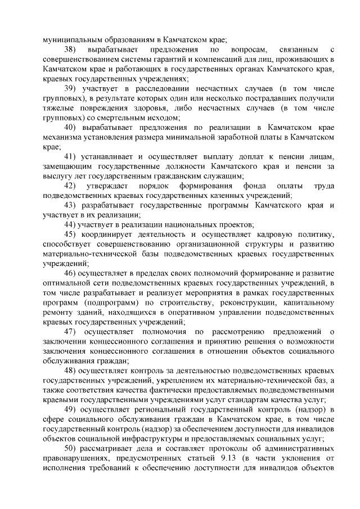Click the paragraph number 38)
71,51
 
